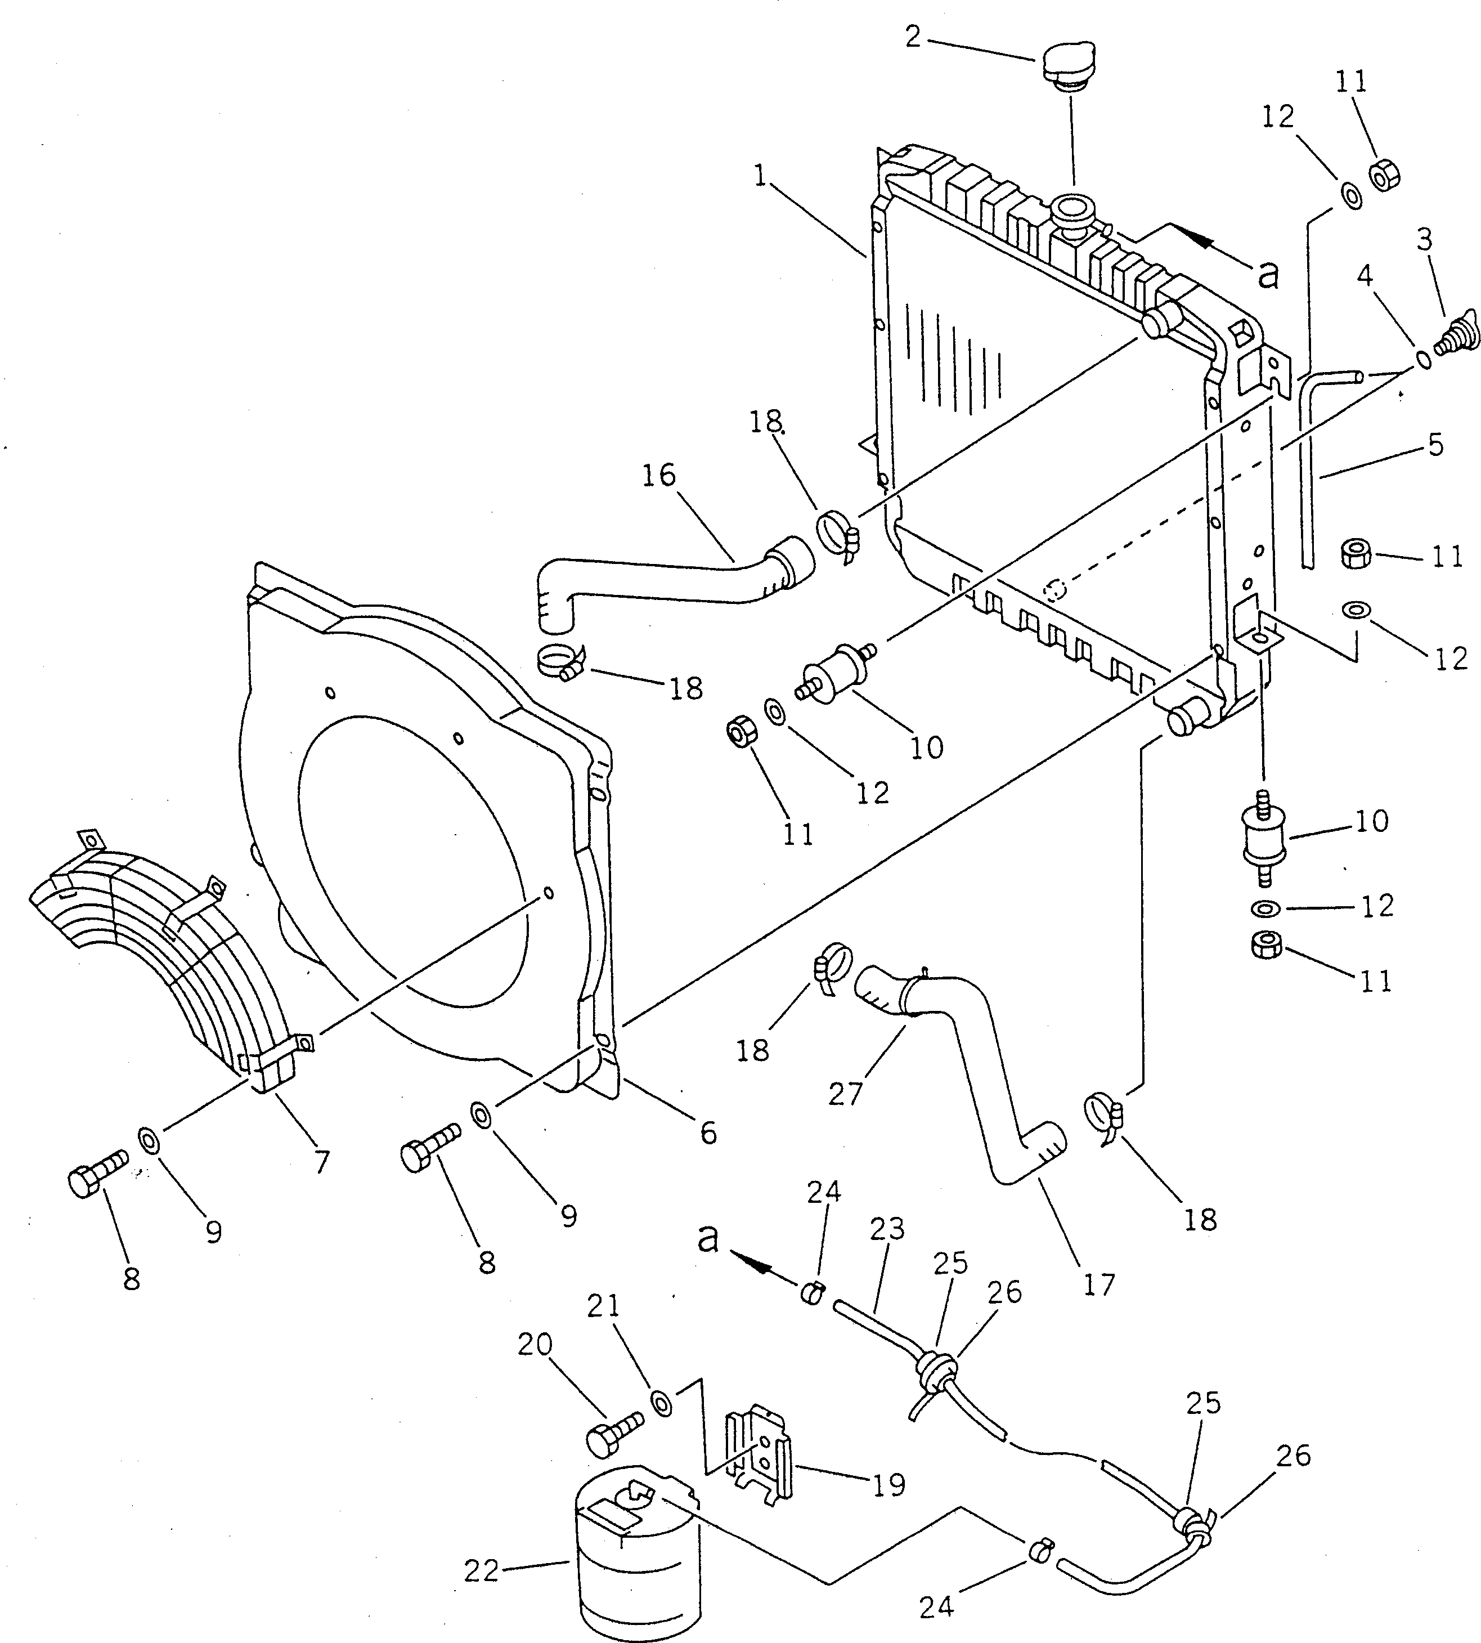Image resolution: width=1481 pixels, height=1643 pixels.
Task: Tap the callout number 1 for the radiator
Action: coord(761,176)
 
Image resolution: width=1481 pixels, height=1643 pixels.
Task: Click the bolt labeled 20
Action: coord(612,1440)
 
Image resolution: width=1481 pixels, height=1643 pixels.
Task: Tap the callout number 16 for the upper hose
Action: coord(659,475)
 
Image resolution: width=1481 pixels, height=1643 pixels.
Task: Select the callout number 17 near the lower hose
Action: coord(1098,1284)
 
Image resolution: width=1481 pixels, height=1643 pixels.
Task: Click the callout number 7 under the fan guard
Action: coord(323,1162)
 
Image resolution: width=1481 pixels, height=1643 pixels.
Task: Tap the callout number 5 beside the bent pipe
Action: coord(1435,444)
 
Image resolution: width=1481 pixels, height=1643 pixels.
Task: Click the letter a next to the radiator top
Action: coord(1268,275)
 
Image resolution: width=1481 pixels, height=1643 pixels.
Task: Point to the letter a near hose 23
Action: coord(709,1238)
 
